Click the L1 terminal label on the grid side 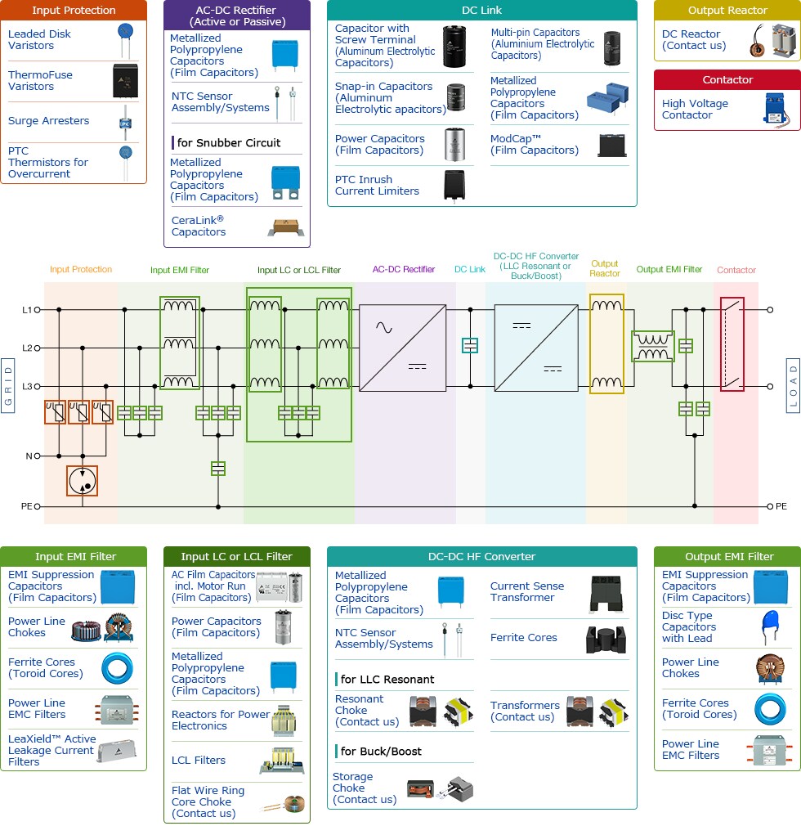tap(27, 310)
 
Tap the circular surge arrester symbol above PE tap(82, 481)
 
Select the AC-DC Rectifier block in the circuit tap(403, 348)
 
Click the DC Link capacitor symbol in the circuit tap(469, 345)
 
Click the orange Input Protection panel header tap(74, 11)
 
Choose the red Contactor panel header tap(727, 79)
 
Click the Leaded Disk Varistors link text tap(39, 39)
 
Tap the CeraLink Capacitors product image tap(285, 227)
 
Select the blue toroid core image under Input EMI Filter tap(118, 667)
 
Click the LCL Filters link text tap(199, 760)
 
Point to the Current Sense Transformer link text tap(527, 591)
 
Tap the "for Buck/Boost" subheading tap(381, 751)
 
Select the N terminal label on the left tap(27, 456)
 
